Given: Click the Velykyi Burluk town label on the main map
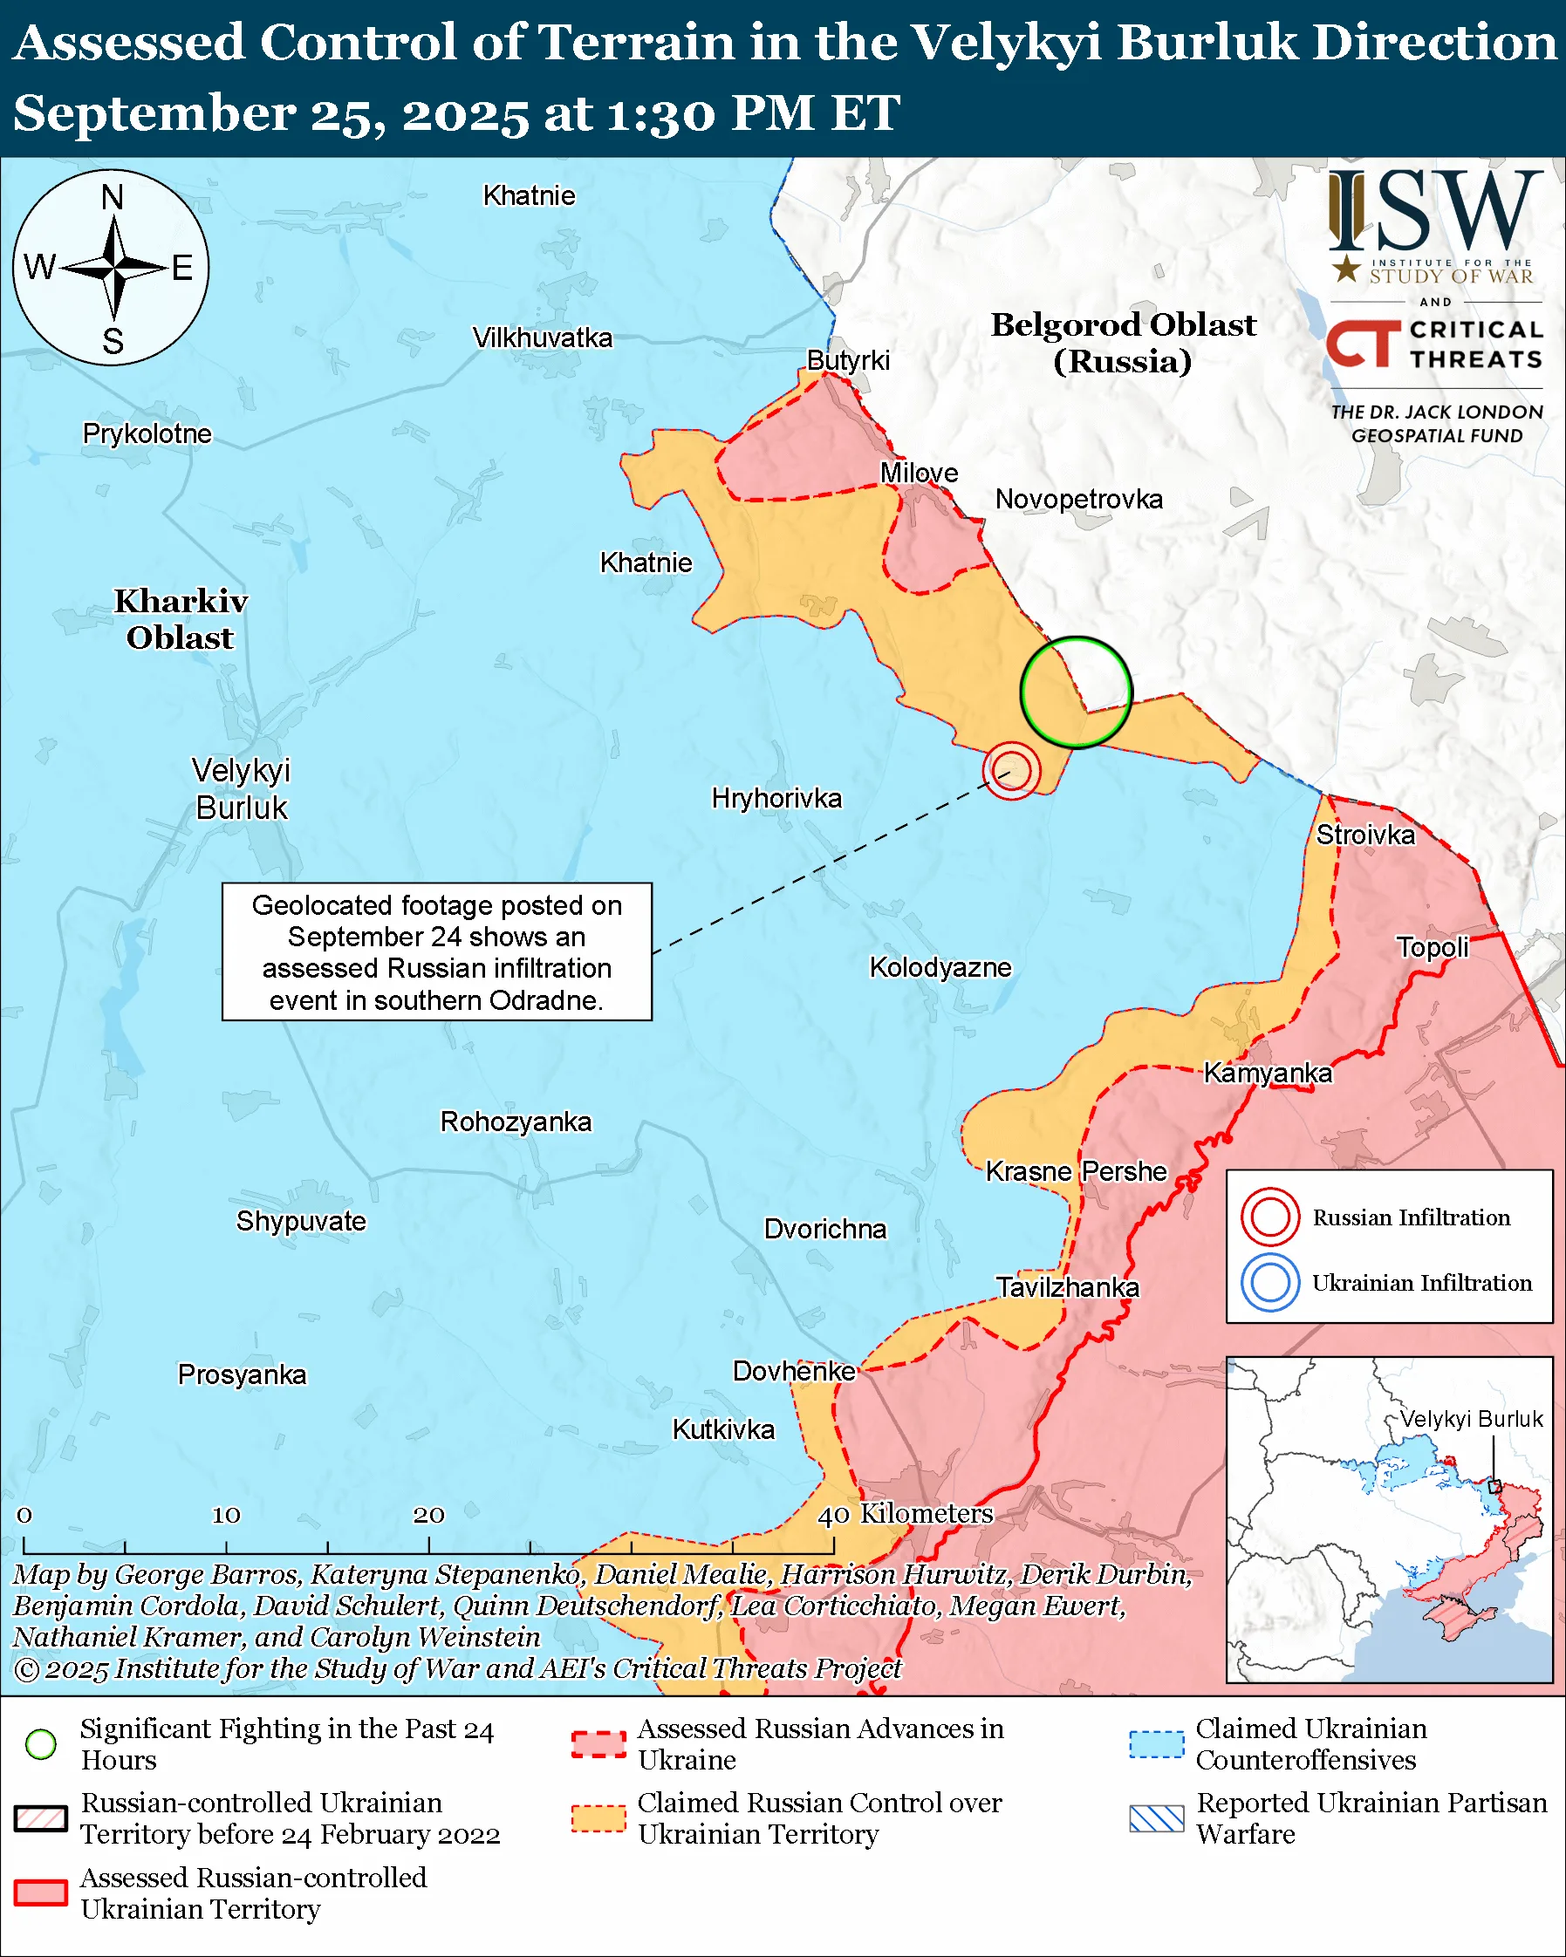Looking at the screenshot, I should (x=242, y=788).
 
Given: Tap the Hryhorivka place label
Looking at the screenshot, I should (x=776, y=799).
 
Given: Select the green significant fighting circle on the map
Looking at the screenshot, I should (x=1076, y=692).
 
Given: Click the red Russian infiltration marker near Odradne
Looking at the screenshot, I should (x=1011, y=771).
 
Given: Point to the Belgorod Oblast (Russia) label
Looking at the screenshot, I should (x=1122, y=342).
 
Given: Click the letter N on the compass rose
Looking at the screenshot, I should (x=113, y=197).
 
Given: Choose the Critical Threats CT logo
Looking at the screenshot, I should (x=1363, y=343).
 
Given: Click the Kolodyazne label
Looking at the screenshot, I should (x=940, y=968).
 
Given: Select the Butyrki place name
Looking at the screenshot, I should (x=848, y=360).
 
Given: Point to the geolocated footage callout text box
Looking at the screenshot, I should (x=437, y=952).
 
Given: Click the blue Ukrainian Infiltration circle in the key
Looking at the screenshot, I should (x=1270, y=1283).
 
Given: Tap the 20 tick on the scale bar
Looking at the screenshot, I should (x=428, y=1544).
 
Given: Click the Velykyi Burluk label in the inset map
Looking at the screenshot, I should (x=1470, y=1419).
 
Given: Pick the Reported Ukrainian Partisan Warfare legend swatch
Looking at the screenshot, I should (x=1157, y=1819).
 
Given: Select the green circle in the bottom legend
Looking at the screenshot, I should (x=42, y=1744).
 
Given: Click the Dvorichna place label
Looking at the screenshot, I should (x=824, y=1229).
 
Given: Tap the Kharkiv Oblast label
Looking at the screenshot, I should (x=180, y=619).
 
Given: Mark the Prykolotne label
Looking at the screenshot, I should (x=147, y=434).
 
